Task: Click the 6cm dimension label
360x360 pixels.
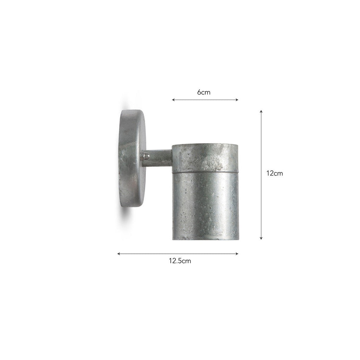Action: [204, 92]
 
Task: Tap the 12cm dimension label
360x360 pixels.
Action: [275, 173]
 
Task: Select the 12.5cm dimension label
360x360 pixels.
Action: [180, 261]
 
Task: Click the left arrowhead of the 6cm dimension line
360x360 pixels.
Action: [173, 100]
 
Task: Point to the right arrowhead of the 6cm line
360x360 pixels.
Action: [237, 100]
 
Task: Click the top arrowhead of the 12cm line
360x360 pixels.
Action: [261, 111]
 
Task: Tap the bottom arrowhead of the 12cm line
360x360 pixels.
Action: [261, 238]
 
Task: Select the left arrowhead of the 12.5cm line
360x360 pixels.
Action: [119, 254]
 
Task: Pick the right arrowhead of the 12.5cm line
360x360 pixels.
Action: [237, 254]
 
